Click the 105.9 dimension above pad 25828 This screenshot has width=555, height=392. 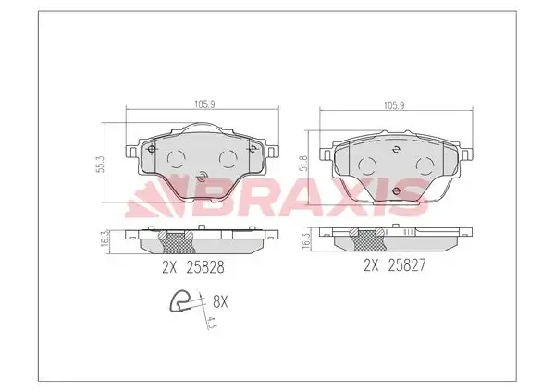pyautogui.click(x=204, y=104)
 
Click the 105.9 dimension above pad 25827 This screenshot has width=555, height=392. pyautogui.click(x=394, y=105)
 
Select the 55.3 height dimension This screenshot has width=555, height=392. pyautogui.click(x=101, y=164)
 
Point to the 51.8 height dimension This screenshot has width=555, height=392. pyautogui.click(x=303, y=163)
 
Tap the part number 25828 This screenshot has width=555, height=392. pyautogui.click(x=205, y=267)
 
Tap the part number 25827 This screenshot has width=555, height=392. pyautogui.click(x=407, y=265)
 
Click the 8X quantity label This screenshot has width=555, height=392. pyautogui.click(x=220, y=302)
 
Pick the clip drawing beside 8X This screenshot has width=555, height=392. pyautogui.click(x=181, y=301)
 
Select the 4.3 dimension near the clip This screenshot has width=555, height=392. pyautogui.click(x=211, y=322)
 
